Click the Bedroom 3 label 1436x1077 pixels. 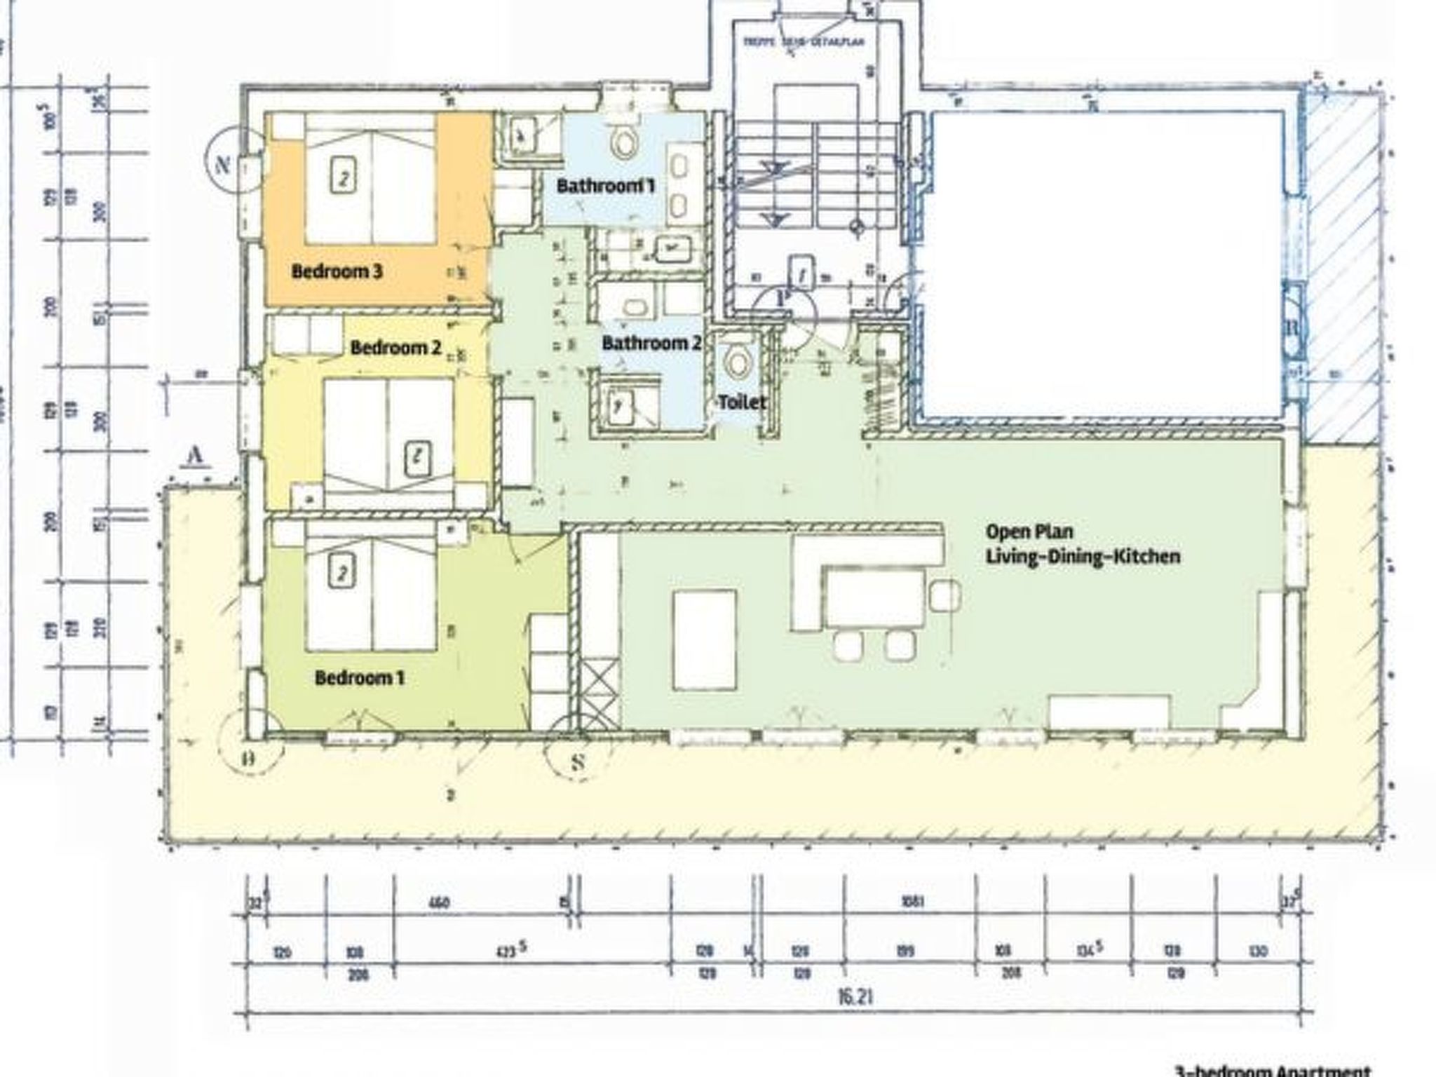pos(337,271)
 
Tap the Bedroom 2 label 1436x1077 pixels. pos(395,347)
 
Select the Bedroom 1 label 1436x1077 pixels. pos(359,678)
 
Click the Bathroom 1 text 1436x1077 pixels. pos(606,186)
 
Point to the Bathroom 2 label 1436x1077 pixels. pos(651,343)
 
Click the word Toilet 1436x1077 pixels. pos(741,402)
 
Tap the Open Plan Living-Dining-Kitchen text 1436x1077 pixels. pos(1083,544)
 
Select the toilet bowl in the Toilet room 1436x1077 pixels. pos(738,361)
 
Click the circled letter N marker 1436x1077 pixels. pos(223,165)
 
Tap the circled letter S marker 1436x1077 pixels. pos(576,761)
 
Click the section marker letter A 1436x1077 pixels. pos(195,456)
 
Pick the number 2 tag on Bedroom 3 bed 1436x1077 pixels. pos(341,177)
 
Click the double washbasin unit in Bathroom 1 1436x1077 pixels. pos(678,185)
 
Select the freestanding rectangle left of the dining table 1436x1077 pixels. pos(704,639)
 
